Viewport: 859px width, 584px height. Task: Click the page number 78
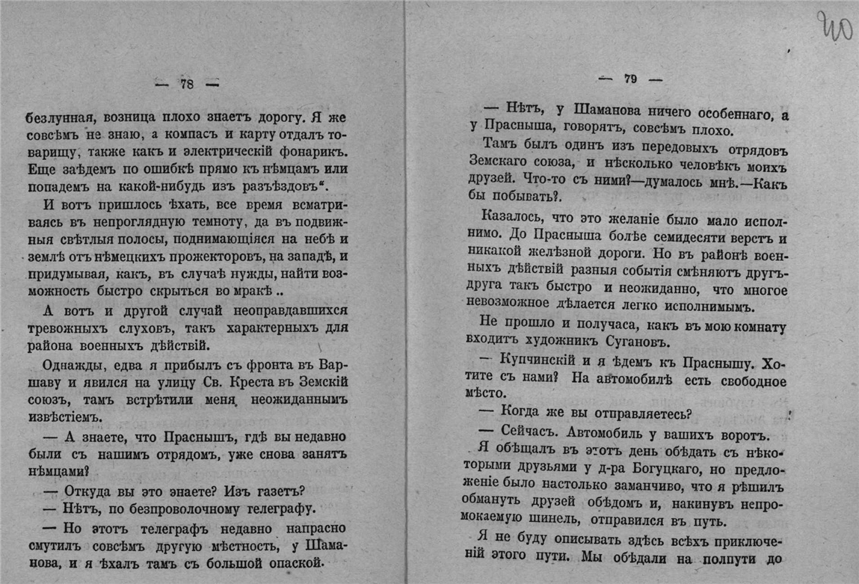pos(187,84)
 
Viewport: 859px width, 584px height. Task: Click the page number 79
pos(630,79)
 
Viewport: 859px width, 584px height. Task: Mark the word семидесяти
pos(676,239)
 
